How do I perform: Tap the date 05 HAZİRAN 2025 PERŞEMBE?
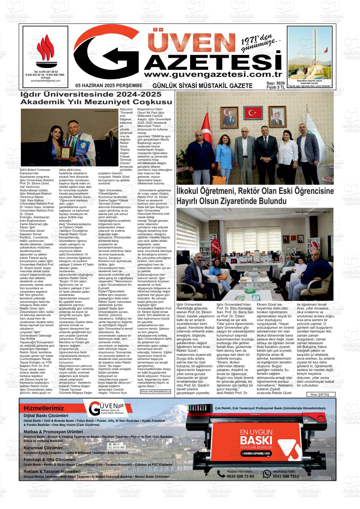click(x=109, y=86)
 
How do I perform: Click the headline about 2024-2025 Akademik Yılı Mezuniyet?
click(x=96, y=98)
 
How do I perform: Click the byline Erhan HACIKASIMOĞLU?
click(x=155, y=392)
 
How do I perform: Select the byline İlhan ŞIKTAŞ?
click(x=320, y=394)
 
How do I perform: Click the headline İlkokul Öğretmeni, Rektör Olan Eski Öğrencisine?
click(x=255, y=196)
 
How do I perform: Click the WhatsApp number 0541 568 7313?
click(x=285, y=476)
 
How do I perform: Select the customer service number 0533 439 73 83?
click(x=240, y=476)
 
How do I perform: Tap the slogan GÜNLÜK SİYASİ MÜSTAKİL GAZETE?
click(x=202, y=86)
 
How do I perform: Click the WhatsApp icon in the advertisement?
click(x=267, y=474)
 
